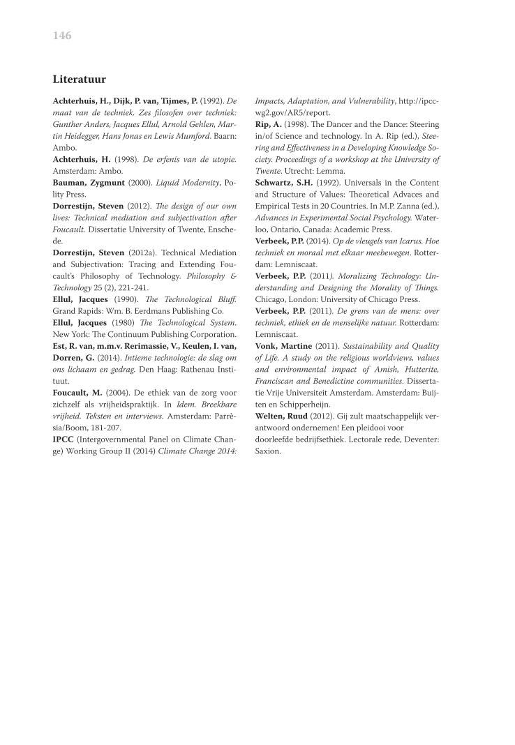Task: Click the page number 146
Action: point(62,36)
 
